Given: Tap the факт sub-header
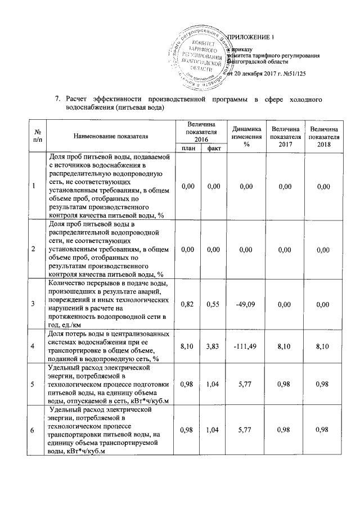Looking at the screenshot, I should (213, 148).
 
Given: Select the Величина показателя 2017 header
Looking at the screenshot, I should (284, 136).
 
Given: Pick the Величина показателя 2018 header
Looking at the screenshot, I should (322, 136).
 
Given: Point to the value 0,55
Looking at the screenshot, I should (213, 304).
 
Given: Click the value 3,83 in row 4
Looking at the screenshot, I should (213, 347).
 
